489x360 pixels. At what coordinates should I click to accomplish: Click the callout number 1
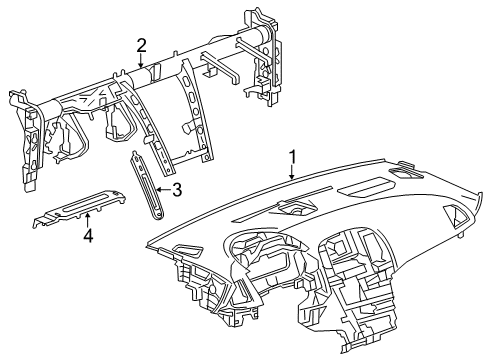click(292, 157)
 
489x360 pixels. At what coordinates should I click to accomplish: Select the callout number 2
click(141, 45)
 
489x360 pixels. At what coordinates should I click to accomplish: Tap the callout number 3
click(176, 190)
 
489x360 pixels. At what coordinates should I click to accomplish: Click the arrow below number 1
click(292, 172)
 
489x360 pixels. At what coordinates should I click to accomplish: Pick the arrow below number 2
click(141, 61)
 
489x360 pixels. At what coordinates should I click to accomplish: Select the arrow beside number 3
click(163, 190)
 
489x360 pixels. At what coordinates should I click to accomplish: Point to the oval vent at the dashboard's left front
click(188, 251)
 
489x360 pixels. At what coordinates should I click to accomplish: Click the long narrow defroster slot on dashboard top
click(283, 204)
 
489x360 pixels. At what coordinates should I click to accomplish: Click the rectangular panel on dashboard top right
click(367, 187)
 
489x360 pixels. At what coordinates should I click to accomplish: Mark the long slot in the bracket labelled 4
click(83, 203)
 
